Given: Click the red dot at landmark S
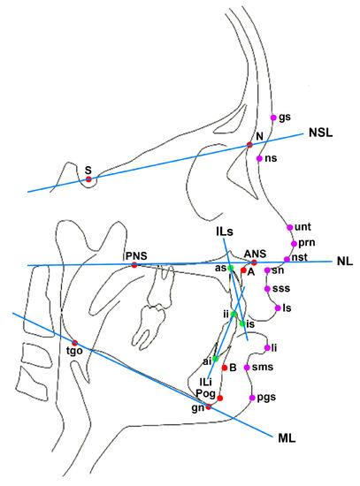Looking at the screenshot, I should (x=88, y=179).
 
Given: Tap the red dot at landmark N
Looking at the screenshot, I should (x=250, y=145).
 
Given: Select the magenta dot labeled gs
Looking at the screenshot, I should (x=272, y=117).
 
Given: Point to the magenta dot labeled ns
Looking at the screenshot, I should (x=259, y=159).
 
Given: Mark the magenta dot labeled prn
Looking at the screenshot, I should (x=292, y=242).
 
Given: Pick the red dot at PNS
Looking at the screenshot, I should (x=134, y=265).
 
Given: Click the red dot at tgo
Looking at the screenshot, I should (x=75, y=343).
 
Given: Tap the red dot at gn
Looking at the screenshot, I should (x=210, y=407).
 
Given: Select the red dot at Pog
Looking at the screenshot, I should (x=220, y=399).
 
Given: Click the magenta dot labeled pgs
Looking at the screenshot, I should (x=253, y=399).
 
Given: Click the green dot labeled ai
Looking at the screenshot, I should (x=215, y=359).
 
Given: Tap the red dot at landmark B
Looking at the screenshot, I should (x=225, y=367).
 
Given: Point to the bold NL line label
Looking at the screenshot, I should (x=344, y=262).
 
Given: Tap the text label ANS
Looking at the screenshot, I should (x=256, y=252).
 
